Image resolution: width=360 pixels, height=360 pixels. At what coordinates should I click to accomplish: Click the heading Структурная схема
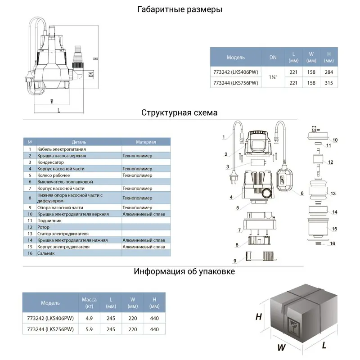click(180, 112)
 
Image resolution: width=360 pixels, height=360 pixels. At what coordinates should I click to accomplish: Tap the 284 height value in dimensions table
click(328, 72)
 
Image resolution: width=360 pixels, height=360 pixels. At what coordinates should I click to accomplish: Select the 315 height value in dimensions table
click(328, 82)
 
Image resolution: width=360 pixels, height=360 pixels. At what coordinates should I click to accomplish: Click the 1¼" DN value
click(273, 77)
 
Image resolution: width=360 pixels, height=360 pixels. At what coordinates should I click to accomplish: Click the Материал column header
click(146, 142)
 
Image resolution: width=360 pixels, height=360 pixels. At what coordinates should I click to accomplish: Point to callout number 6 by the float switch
click(302, 193)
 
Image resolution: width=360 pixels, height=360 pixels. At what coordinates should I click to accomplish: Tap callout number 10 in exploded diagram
click(335, 139)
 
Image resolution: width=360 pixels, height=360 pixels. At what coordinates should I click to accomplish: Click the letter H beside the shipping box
click(258, 316)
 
